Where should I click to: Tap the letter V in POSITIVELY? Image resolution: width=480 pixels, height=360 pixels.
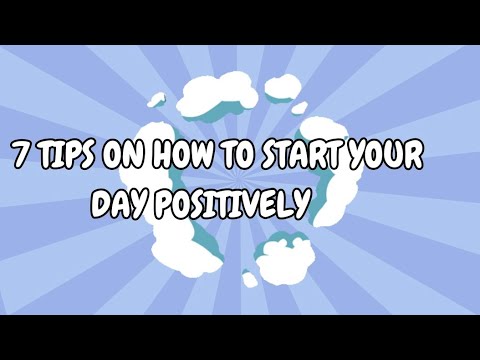click(247, 204)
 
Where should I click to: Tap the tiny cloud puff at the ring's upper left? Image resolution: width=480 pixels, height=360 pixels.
click(156, 100)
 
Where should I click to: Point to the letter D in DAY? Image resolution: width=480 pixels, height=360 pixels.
click(99, 204)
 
